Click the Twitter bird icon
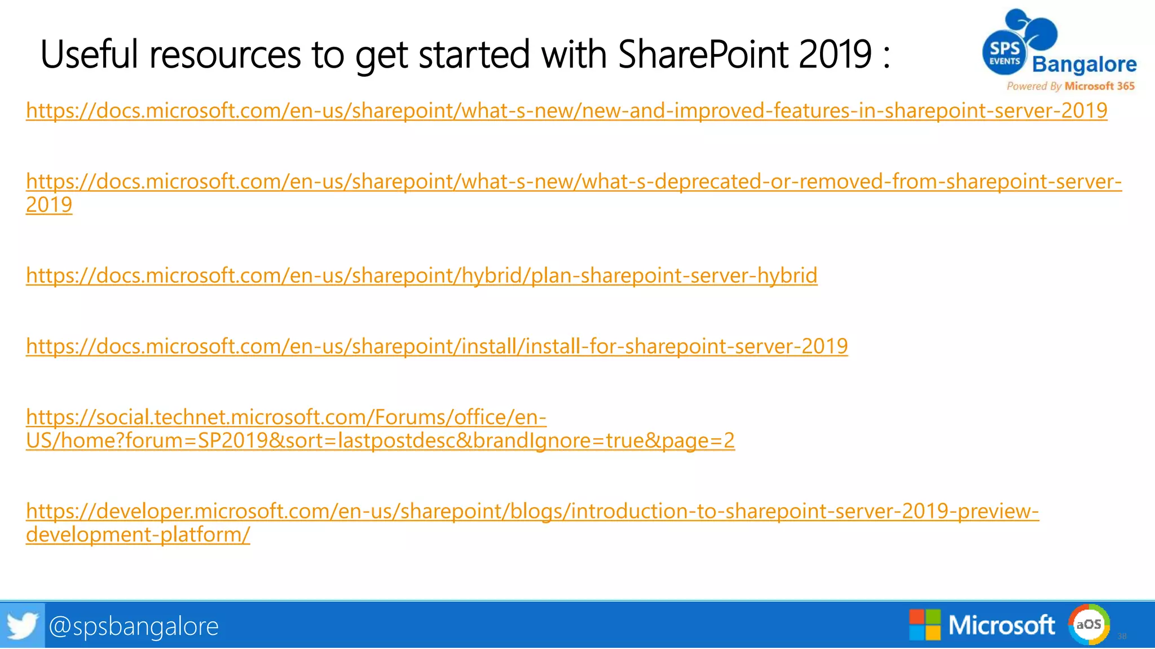click(x=22, y=625)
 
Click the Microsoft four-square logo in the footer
click(x=924, y=625)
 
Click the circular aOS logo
click(x=1088, y=624)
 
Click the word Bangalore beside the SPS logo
click(x=1084, y=65)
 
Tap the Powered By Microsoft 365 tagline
click(x=1070, y=86)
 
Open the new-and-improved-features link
click(x=566, y=110)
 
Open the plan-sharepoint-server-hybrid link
click(x=421, y=275)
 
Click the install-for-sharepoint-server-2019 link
click(x=437, y=346)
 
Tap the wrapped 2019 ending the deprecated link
click(x=49, y=205)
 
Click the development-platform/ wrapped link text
click(x=138, y=535)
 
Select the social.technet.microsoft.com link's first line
click(x=286, y=417)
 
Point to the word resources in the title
click(x=225, y=55)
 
